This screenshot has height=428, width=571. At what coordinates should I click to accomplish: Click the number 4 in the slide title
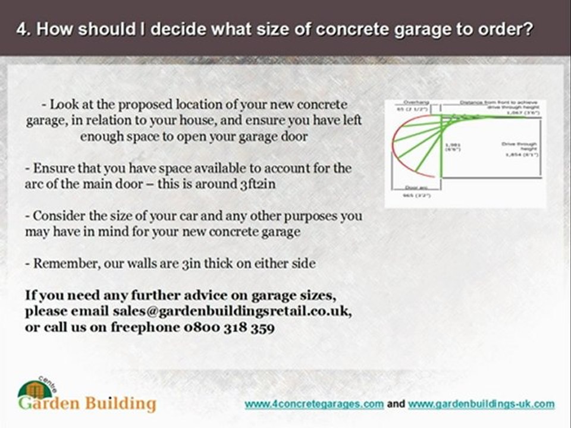click(22, 30)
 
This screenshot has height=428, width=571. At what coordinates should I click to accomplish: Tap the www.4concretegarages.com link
click(314, 404)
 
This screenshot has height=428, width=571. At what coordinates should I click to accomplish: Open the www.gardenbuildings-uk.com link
click(481, 404)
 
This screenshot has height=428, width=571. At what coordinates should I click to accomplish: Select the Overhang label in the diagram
click(416, 102)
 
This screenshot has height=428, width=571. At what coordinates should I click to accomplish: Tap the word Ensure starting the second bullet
click(52, 168)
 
